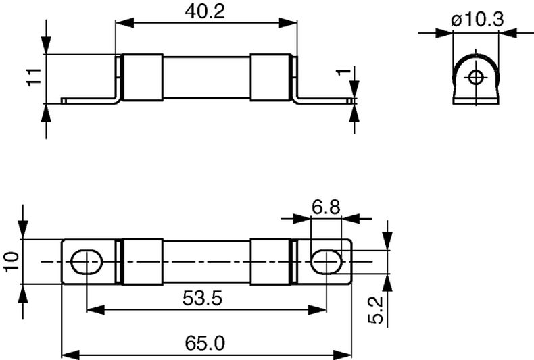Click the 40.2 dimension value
coord(205,11)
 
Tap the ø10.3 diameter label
coord(477,20)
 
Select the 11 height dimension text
coord(34,77)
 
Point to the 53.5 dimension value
coord(202,299)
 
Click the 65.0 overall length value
coord(205,343)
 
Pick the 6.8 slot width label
coord(326,207)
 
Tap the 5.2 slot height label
coord(376,310)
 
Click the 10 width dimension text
coord(12,261)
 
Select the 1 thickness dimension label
coord(343,72)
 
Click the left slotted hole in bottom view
coord(87,261)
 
